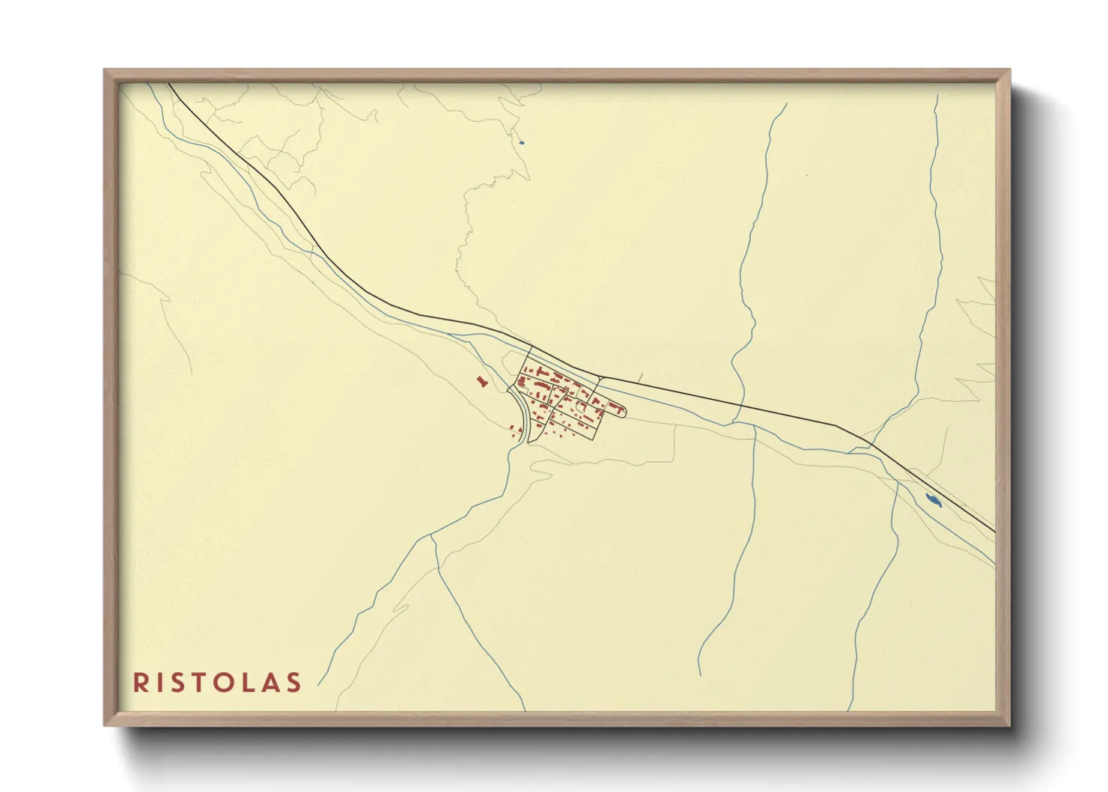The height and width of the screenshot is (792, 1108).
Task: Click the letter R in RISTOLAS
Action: [x=140, y=683]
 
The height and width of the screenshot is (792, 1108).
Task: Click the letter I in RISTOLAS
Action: [x=158, y=683]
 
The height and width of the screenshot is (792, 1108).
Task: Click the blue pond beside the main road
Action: [x=933, y=500]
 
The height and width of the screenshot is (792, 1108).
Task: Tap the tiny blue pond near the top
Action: [x=521, y=142]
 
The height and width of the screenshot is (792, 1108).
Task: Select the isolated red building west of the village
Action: [x=481, y=382]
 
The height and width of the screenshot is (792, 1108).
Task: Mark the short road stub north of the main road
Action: [x=641, y=377]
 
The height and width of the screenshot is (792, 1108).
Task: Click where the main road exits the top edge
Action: [x=170, y=84]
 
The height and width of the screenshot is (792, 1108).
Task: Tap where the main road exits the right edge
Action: [x=995, y=531]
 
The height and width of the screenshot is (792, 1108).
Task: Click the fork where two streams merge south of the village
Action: [x=433, y=536]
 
